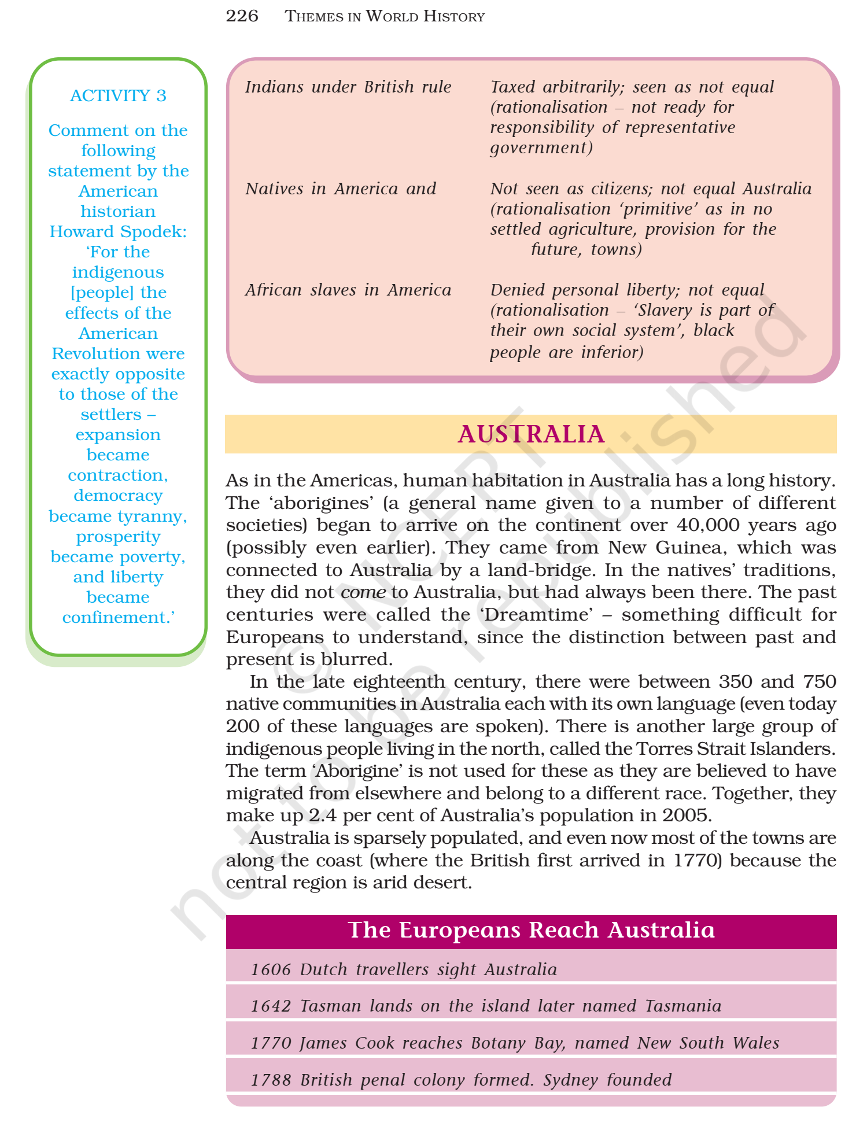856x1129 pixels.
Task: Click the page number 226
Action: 242,16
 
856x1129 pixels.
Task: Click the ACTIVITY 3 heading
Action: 118,95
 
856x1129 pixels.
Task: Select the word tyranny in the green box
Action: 159,516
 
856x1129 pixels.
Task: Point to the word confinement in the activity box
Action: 116,618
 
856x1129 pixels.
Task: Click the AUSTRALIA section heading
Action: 530,434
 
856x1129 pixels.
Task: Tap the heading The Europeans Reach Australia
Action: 531,931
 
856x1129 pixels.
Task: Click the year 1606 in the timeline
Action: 270,970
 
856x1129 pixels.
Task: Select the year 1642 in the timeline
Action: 270,1006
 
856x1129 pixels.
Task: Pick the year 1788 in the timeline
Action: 270,1080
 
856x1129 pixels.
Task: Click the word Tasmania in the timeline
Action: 683,1006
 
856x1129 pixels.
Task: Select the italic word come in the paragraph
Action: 363,592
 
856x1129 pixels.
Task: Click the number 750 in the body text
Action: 819,682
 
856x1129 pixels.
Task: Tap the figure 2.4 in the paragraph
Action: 322,816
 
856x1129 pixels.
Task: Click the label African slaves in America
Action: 348,290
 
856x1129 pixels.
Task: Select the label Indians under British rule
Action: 348,87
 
